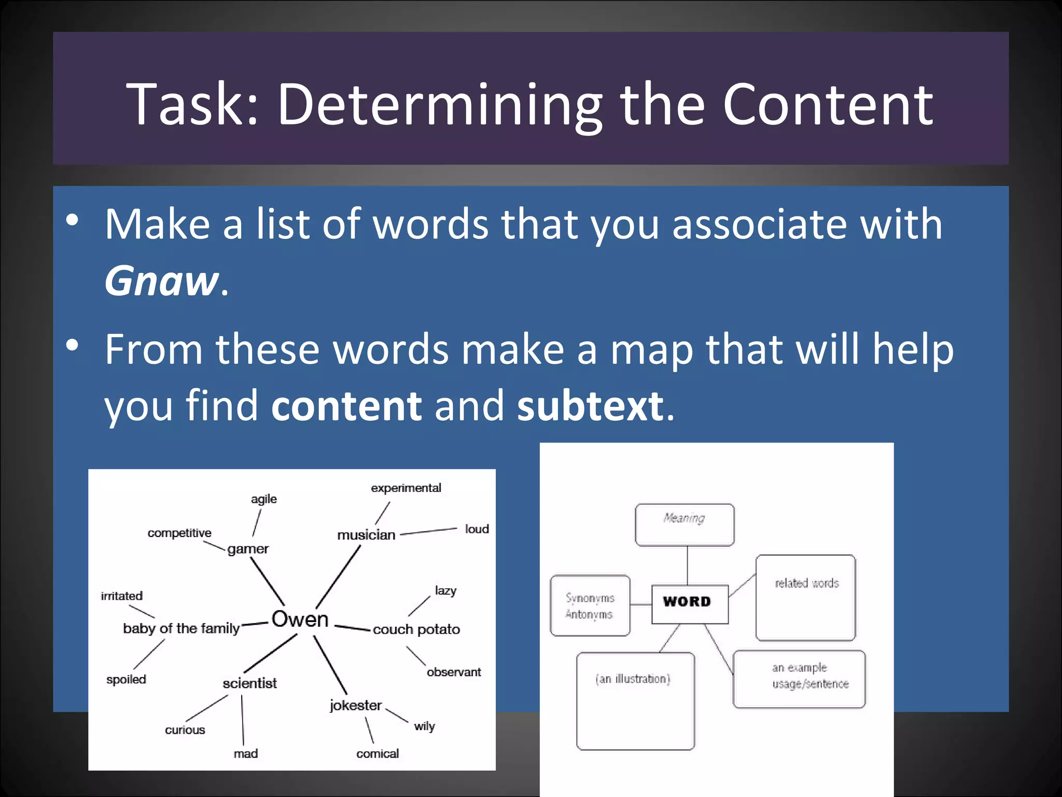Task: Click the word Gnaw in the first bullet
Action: [162, 281]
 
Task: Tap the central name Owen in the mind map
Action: [300, 619]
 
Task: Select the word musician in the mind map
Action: [366, 535]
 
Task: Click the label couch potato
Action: [416, 629]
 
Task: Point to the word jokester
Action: [356, 705]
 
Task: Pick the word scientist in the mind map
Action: [249, 683]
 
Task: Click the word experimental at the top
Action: [406, 488]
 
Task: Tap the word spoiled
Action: [126, 679]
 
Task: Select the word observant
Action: [453, 672]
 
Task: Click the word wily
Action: [424, 726]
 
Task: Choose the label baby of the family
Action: [181, 628]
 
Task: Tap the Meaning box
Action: [684, 524]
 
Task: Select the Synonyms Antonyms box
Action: [590, 606]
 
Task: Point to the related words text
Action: [806, 583]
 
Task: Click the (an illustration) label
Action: [633, 679]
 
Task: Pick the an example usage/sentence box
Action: [799, 679]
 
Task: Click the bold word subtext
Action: [590, 405]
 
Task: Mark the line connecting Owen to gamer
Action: [268, 581]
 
